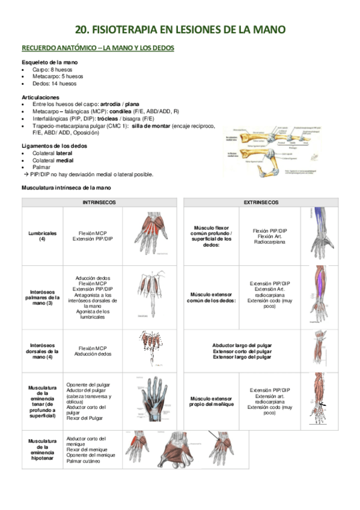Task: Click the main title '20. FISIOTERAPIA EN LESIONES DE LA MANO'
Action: pos(180,29)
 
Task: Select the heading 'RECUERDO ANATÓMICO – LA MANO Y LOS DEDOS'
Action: pos(98,48)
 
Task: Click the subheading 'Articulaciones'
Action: pos(40,96)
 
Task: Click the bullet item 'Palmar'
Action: pos(40,167)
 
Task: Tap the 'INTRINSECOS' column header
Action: pos(99,203)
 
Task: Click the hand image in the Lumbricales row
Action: pos(150,235)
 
